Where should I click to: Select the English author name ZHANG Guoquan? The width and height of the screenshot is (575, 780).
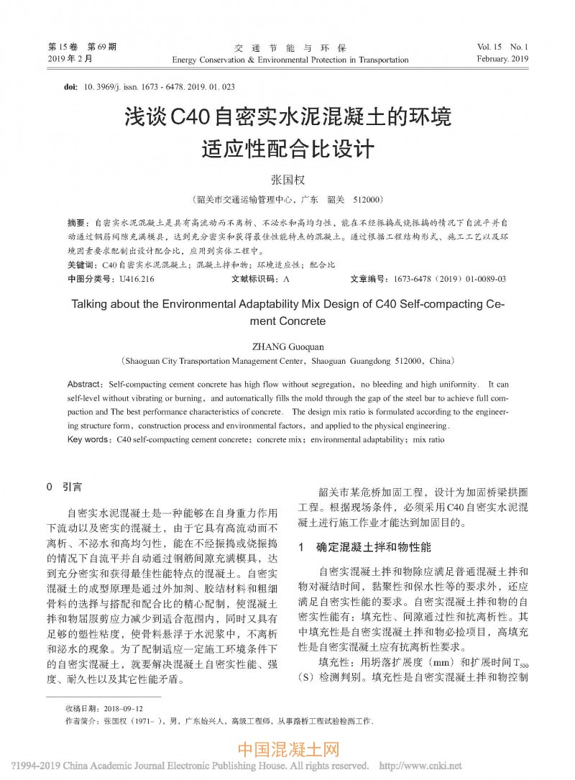pos(287,347)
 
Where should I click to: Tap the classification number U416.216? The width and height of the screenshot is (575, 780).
pos(137,278)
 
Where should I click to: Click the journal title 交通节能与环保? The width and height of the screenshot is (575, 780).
pos(290,47)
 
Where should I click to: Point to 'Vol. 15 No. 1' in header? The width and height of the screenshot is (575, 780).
pos(502,47)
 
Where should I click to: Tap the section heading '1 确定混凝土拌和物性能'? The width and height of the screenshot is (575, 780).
pos(364,547)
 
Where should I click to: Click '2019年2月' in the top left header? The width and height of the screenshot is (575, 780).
pos(70,59)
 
